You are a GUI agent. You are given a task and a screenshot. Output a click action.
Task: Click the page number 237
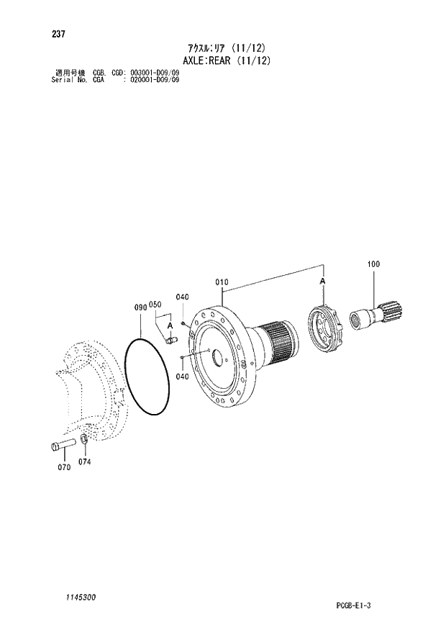point(58,34)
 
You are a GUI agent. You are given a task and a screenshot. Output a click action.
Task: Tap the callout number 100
point(373,264)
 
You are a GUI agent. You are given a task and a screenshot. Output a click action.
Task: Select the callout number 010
point(222,282)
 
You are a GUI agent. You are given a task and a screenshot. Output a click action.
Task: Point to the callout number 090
point(140,307)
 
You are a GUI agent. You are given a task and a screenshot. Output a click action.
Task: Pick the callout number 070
point(64,467)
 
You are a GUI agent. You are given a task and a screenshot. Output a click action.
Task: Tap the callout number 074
point(84,462)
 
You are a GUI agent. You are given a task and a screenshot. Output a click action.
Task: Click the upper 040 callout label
point(182,297)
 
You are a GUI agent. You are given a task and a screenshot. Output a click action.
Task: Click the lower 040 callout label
point(182,377)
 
